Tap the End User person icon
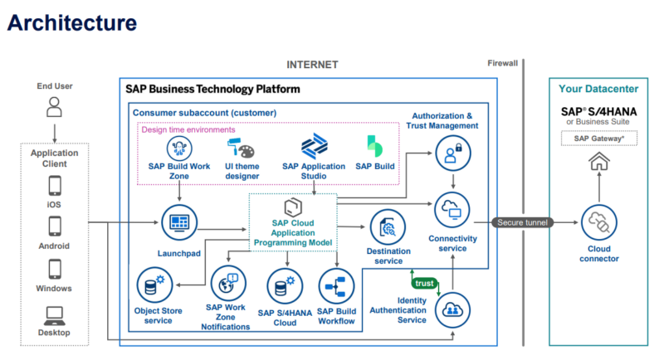[x=54, y=107]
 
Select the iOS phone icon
[x=54, y=184]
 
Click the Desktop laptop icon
[x=54, y=315]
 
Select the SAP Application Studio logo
[x=313, y=148]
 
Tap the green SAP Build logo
[x=374, y=146]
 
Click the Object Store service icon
[x=153, y=286]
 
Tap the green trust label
[x=424, y=283]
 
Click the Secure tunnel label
[x=521, y=222]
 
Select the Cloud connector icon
[x=598, y=222]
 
